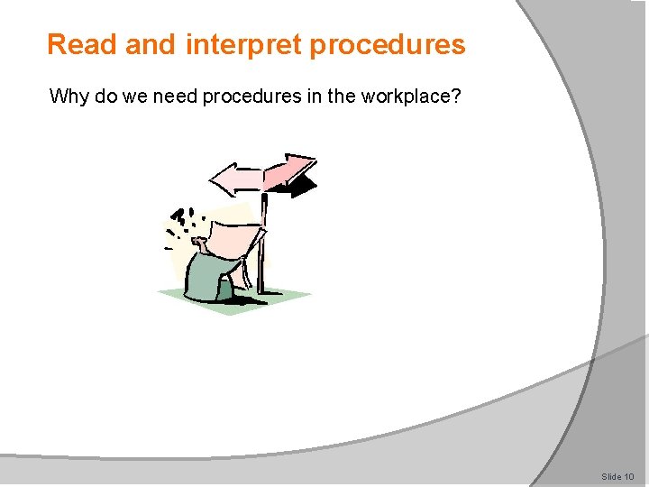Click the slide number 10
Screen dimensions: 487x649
coord(629,476)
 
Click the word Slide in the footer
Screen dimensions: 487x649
coord(612,476)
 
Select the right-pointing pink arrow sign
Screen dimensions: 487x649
coord(289,170)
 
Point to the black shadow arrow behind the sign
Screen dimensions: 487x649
coord(305,187)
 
